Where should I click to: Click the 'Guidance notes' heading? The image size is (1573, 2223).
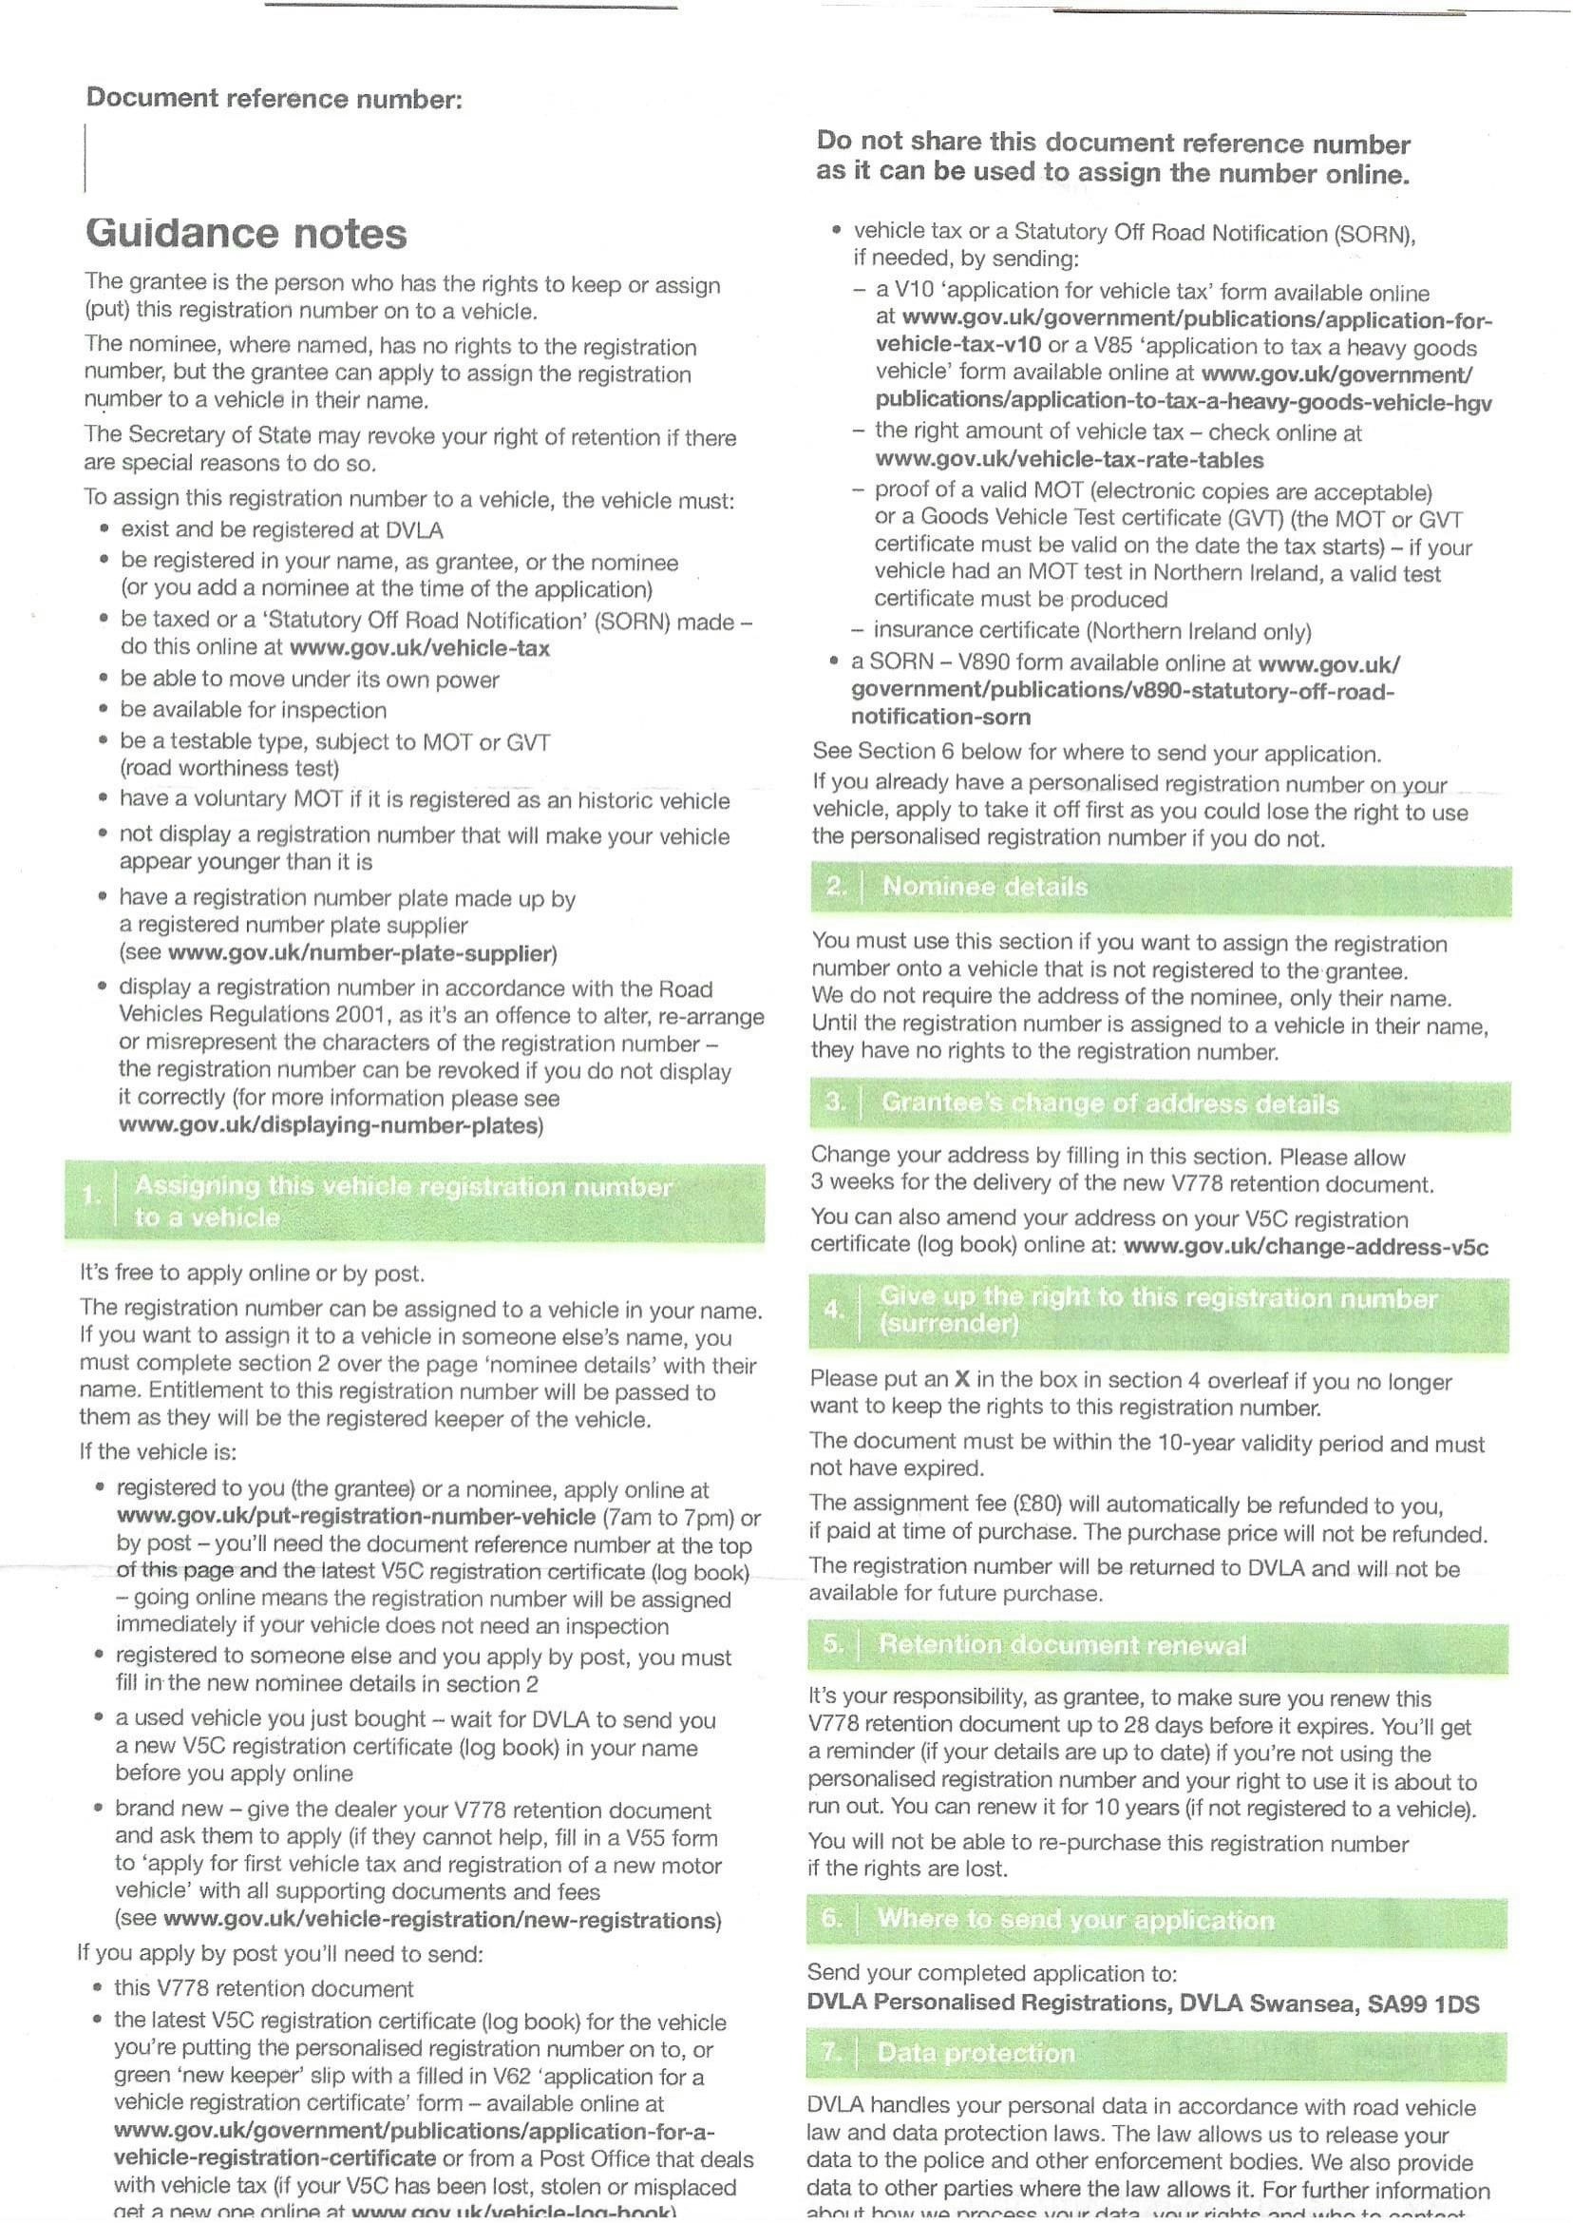pos(246,234)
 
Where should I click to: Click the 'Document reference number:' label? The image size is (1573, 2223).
pos(275,98)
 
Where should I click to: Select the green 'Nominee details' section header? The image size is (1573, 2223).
pos(984,887)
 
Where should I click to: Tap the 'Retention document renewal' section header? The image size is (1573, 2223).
pos(1062,1644)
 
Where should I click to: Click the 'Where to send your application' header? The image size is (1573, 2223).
pos(1075,1920)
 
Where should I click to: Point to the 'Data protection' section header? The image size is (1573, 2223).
pos(976,2053)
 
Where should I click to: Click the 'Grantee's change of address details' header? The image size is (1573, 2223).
pos(1110,1103)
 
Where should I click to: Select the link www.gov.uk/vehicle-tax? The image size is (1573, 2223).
pos(420,648)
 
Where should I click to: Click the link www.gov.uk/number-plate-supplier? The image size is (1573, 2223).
pos(360,953)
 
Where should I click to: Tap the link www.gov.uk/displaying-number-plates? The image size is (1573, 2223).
pos(329,1126)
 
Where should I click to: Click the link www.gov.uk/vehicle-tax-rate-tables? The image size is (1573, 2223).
pos(1070,459)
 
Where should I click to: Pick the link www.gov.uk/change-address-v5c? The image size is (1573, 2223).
pos(1306,1246)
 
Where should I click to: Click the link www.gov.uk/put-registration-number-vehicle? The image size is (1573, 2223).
pos(355,1517)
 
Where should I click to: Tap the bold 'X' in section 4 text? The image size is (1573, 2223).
pos(962,1380)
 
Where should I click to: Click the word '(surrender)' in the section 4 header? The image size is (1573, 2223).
pos(948,1324)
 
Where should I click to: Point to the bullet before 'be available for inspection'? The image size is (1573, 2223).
pos(103,709)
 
